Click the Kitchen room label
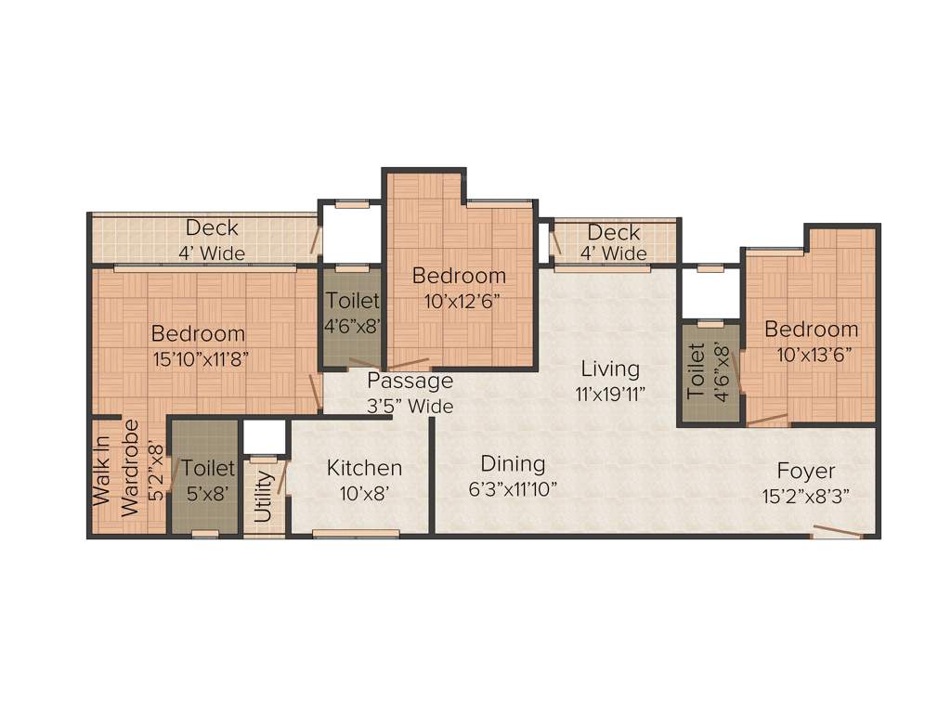click(x=364, y=468)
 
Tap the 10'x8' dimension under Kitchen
click(x=364, y=493)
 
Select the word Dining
click(x=513, y=463)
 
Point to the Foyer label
click(x=805, y=471)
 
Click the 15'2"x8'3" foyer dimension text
click(x=805, y=496)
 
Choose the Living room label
click(x=609, y=369)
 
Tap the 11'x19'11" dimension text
click(x=609, y=394)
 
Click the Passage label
click(x=410, y=381)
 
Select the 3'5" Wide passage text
click(x=410, y=406)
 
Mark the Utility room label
click(x=264, y=496)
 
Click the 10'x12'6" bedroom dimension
click(x=460, y=300)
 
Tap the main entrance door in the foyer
click(x=836, y=533)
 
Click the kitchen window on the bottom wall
click(x=356, y=534)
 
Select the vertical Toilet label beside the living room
click(x=697, y=371)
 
